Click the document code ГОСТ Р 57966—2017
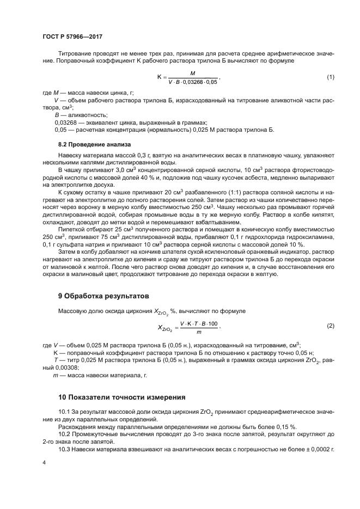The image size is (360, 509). (72, 36)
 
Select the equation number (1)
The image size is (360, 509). (330, 77)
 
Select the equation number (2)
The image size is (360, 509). (330, 326)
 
